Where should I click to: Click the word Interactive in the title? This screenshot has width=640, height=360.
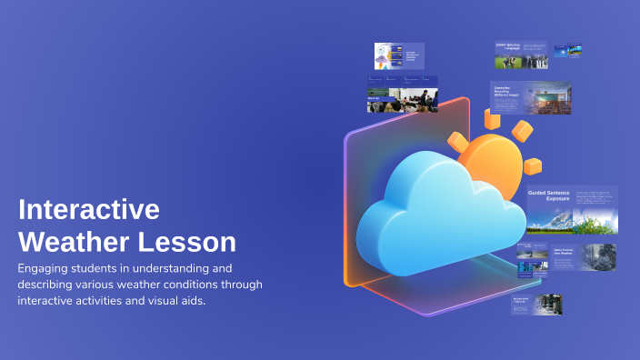89,210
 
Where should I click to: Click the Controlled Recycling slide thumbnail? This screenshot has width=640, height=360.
531,100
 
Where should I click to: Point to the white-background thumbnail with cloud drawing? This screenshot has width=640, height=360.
386,55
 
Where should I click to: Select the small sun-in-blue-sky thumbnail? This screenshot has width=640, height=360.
568,51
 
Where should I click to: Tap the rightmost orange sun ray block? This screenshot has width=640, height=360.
533,166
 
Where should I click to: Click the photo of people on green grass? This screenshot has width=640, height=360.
508,62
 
